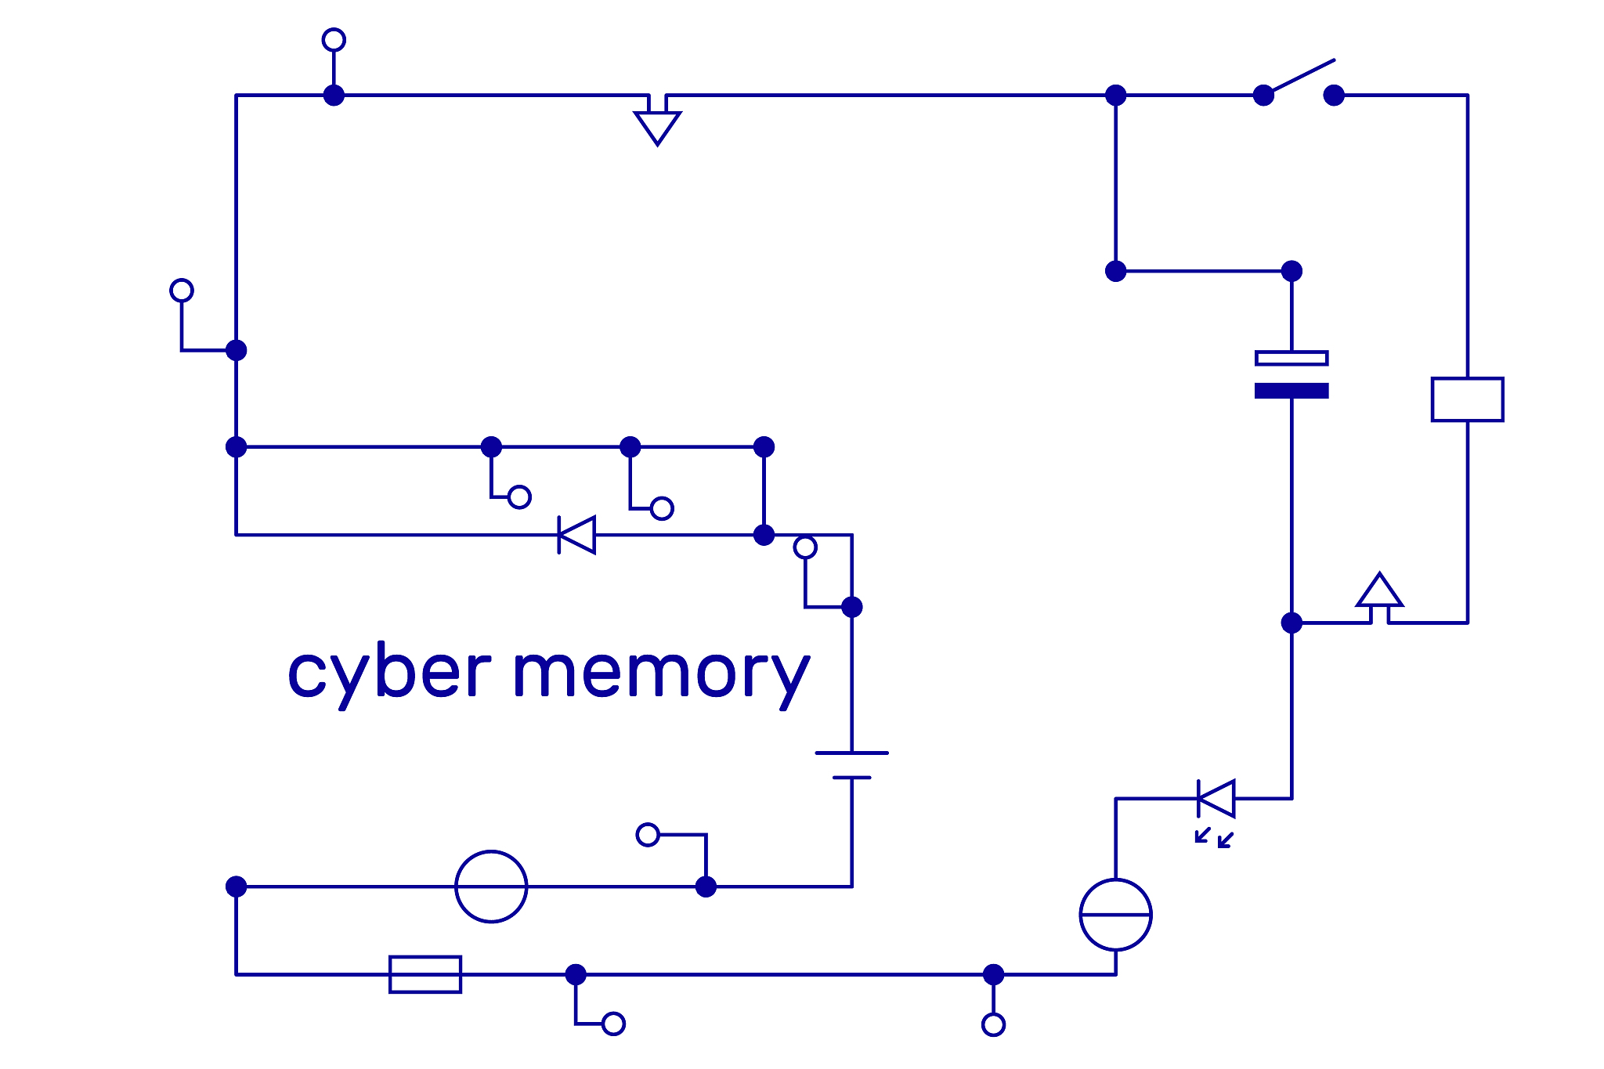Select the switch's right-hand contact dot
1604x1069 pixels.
(1334, 96)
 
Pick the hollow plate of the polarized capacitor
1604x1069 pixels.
(1292, 358)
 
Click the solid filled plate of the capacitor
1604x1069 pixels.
(1292, 391)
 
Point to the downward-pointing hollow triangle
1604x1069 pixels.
(657, 125)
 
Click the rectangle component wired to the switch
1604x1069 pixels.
(1467, 399)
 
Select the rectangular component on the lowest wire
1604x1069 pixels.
(425, 974)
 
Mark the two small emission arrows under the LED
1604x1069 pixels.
(1214, 838)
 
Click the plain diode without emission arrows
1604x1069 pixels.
(576, 535)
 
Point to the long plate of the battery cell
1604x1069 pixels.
(851, 753)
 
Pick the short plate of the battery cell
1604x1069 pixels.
(851, 778)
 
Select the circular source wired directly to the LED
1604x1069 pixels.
(1115, 915)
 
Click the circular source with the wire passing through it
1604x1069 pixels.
(491, 887)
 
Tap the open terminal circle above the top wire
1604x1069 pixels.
(334, 40)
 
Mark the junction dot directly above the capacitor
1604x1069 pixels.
(1292, 271)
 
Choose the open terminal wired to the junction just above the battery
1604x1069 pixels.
(805, 547)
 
